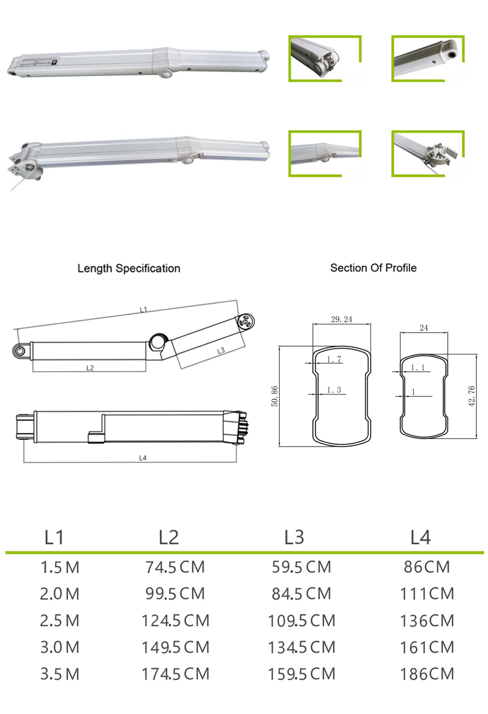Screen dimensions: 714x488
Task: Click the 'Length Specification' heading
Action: (129, 268)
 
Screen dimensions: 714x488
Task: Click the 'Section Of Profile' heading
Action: (373, 267)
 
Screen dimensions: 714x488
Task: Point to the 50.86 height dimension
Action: (274, 396)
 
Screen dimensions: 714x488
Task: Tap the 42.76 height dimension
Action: (472, 395)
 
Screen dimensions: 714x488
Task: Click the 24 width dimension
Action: (424, 328)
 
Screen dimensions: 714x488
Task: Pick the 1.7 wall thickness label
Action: (334, 360)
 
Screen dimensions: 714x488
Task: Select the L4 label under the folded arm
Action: (143, 457)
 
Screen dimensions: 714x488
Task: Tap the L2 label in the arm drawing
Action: (90, 367)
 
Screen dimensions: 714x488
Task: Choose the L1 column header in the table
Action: (55, 537)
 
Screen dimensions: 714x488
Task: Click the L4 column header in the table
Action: (420, 537)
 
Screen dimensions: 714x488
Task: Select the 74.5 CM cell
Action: (175, 567)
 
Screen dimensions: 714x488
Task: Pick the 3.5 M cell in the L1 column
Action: (60, 674)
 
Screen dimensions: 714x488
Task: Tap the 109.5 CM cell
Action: (301, 620)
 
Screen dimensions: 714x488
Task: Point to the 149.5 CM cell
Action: (175, 647)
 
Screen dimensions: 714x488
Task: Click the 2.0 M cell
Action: (60, 594)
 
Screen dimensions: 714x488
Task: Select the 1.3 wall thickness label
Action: (334, 390)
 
